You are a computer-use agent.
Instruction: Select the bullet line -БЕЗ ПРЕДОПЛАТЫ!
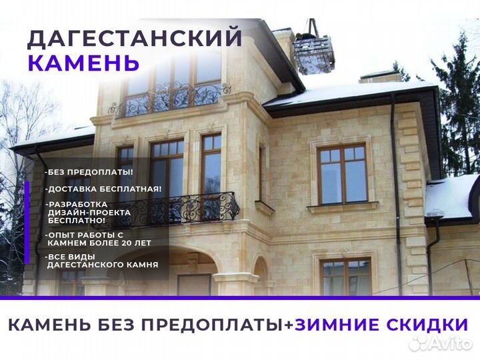[89, 172]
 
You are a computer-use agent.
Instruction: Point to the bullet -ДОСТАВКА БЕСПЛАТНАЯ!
[103, 189]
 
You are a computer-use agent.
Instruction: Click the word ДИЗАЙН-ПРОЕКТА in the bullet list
[89, 213]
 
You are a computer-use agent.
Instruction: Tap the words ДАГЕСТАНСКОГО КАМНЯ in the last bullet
[103, 265]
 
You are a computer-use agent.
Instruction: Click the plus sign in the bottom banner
[288, 325]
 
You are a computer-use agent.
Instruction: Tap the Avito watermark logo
[441, 344]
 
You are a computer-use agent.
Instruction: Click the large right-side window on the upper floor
[342, 175]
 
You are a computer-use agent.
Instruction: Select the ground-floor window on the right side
[345, 277]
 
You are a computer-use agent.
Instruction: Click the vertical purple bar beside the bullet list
[27, 223]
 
